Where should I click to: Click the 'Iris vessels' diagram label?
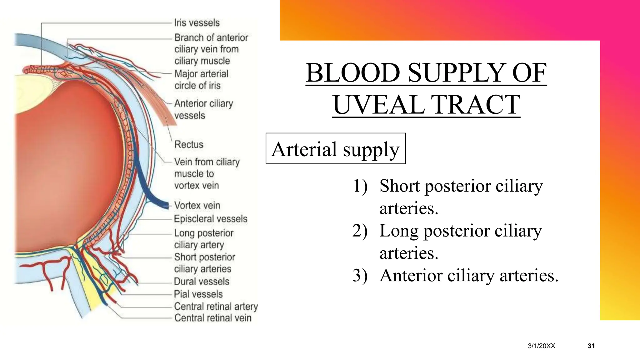[x=197, y=23]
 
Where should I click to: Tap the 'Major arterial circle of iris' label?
[x=201, y=80]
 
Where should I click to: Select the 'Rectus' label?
[x=189, y=144]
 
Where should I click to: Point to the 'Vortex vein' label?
[x=197, y=205]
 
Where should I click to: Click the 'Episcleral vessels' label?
[x=210, y=219]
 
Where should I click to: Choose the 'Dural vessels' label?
[x=202, y=281]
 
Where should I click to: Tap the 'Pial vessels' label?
[x=198, y=294]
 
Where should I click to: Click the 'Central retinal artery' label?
[x=216, y=306]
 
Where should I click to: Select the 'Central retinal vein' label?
[x=212, y=318]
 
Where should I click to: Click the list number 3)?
[x=360, y=276]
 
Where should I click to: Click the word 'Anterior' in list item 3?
[x=411, y=276]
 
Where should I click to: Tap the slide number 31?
[x=591, y=346]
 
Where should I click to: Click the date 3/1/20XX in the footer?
[x=541, y=346]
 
